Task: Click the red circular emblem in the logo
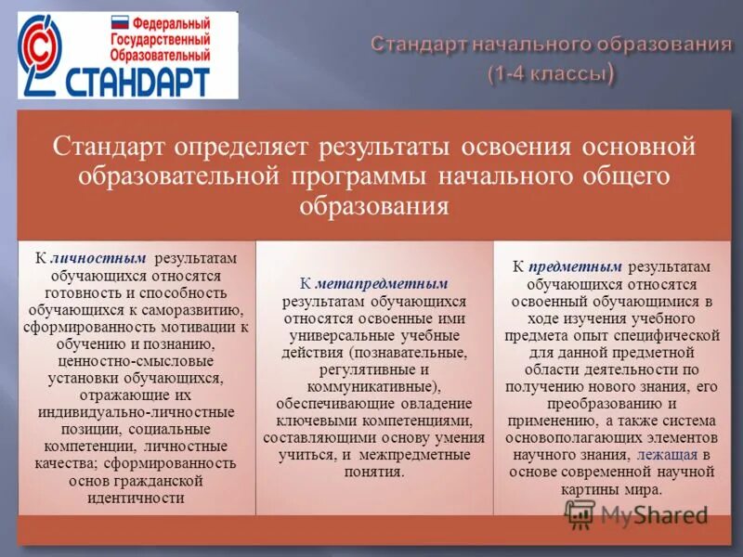[42, 56]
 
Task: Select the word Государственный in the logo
[158, 37]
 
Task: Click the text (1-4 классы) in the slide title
[551, 73]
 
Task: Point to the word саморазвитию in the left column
[200, 309]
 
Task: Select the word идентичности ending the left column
[137, 497]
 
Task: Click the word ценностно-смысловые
[136, 360]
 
